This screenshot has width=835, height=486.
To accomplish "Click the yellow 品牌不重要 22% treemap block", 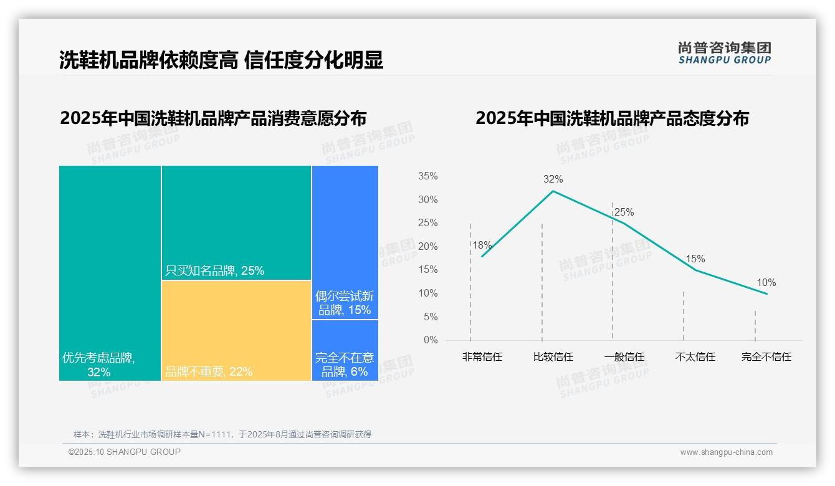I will [x=236, y=330].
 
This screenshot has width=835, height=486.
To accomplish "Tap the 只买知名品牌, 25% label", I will [x=214, y=270].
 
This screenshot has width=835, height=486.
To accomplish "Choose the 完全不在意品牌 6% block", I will [x=345, y=350].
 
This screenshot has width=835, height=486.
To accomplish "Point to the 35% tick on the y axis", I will [x=427, y=176].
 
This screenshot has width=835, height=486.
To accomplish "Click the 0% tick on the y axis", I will [x=431, y=340].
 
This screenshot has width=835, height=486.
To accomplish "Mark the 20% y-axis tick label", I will [x=427, y=247].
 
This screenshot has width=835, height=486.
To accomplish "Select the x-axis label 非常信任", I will [x=482, y=357].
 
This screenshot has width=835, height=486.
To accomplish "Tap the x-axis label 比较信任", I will [x=553, y=357].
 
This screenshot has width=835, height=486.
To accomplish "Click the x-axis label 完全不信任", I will [x=766, y=357].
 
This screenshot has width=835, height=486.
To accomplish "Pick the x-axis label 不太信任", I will [x=695, y=357].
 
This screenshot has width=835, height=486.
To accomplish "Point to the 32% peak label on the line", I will [x=553, y=179].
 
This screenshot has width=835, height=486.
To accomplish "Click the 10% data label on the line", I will [x=766, y=283].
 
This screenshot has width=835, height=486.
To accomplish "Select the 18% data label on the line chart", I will [x=482, y=245].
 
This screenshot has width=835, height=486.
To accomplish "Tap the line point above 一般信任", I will [x=624, y=223].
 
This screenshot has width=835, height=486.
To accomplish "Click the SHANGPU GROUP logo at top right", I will [x=724, y=53].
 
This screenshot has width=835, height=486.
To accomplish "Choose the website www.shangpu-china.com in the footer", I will [x=726, y=452].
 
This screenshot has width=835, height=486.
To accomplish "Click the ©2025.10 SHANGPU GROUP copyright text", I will [x=125, y=452].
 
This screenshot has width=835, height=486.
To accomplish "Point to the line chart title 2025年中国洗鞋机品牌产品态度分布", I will [x=612, y=118].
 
